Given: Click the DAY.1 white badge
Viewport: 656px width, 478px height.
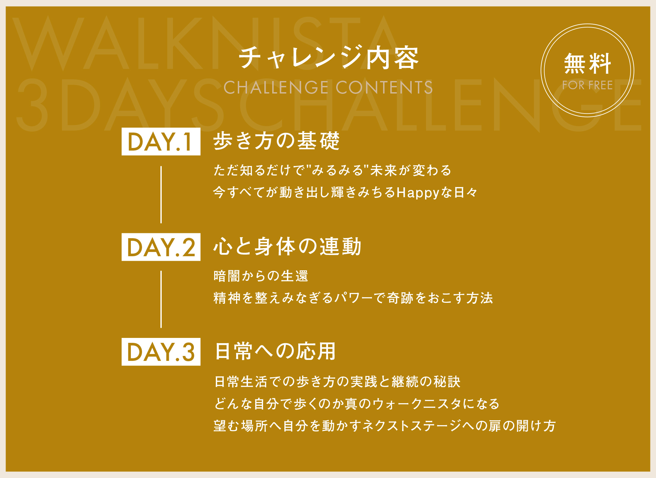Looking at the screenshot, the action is pyautogui.click(x=161, y=141).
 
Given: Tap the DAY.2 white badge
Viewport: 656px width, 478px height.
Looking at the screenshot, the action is pyautogui.click(x=161, y=247).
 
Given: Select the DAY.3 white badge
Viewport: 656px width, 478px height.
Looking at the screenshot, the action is pyautogui.click(x=161, y=352).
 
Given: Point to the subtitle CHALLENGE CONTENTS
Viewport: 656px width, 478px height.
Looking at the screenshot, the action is pyautogui.click(x=328, y=87).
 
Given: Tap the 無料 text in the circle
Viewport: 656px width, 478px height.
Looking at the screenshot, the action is pyautogui.click(x=587, y=64).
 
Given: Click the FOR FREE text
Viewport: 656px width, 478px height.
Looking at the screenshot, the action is pyautogui.click(x=587, y=85).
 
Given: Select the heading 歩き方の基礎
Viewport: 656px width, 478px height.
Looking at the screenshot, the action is pyautogui.click(x=277, y=141).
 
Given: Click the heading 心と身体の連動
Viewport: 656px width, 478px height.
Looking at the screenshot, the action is pyautogui.click(x=287, y=246).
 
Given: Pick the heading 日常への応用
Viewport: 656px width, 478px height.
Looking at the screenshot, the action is pyautogui.click(x=276, y=351).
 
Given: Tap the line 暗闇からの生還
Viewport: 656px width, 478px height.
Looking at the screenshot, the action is pyautogui.click(x=261, y=276).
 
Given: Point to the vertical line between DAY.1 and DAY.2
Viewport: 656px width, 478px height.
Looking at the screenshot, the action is pyautogui.click(x=161, y=195).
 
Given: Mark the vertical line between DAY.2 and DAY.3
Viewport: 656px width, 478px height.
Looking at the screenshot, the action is pyautogui.click(x=161, y=299).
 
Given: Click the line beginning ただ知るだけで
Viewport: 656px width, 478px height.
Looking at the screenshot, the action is pyautogui.click(x=332, y=170).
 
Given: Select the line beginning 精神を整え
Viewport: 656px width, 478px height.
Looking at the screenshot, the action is pyautogui.click(x=353, y=298).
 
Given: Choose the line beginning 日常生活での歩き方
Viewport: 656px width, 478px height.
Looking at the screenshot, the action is pyautogui.click(x=338, y=382).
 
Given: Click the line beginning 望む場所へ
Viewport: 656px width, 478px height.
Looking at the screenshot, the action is pyautogui.click(x=384, y=426).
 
